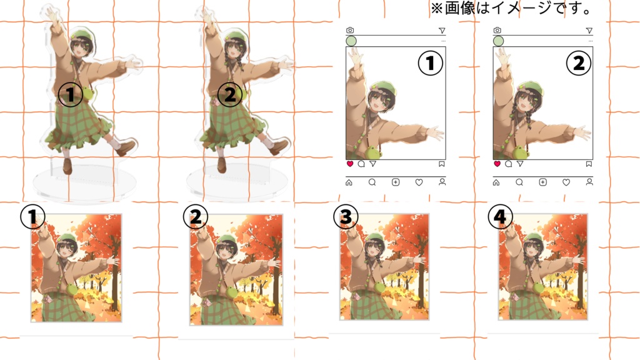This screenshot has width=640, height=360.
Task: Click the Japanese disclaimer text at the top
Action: coord(511,9)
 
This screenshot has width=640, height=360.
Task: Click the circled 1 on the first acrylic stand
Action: coord(70,95)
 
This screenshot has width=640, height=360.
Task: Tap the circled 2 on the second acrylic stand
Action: coord(229,95)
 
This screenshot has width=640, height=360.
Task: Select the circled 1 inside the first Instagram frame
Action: coord(430,64)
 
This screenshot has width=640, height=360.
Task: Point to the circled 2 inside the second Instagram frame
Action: coord(578,64)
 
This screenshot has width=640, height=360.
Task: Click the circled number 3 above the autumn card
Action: coord(345,217)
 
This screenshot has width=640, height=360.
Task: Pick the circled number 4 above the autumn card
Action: coord(502,217)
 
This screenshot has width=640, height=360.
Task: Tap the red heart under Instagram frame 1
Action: coord(349,164)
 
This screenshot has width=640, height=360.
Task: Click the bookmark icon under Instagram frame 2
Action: coord(589,164)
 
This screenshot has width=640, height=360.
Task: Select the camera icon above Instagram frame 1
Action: coord(350,30)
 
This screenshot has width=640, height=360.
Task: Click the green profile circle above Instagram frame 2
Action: coord(498,41)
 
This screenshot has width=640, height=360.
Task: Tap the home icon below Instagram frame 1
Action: coord(349,182)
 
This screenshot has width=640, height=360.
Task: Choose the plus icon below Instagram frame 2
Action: coord(542,182)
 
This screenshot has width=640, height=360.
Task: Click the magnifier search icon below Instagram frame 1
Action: coord(372,182)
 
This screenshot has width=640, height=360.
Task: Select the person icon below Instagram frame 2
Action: coord(589,182)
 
